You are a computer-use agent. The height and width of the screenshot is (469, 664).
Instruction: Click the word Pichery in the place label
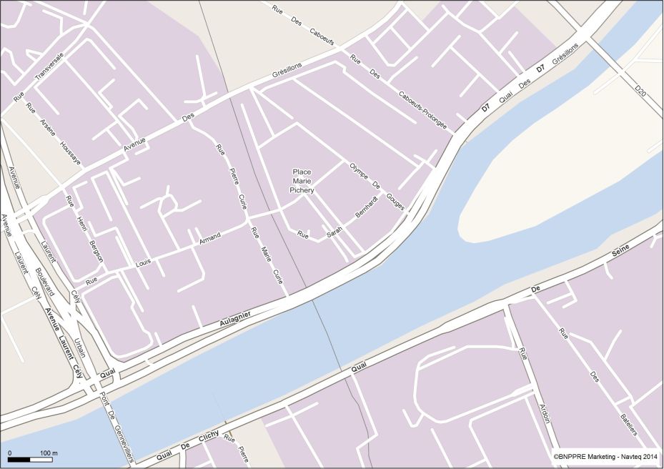point(302,190)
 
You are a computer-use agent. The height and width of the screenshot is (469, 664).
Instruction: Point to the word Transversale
point(49,68)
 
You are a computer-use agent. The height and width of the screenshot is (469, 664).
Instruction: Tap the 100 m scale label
point(49,454)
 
